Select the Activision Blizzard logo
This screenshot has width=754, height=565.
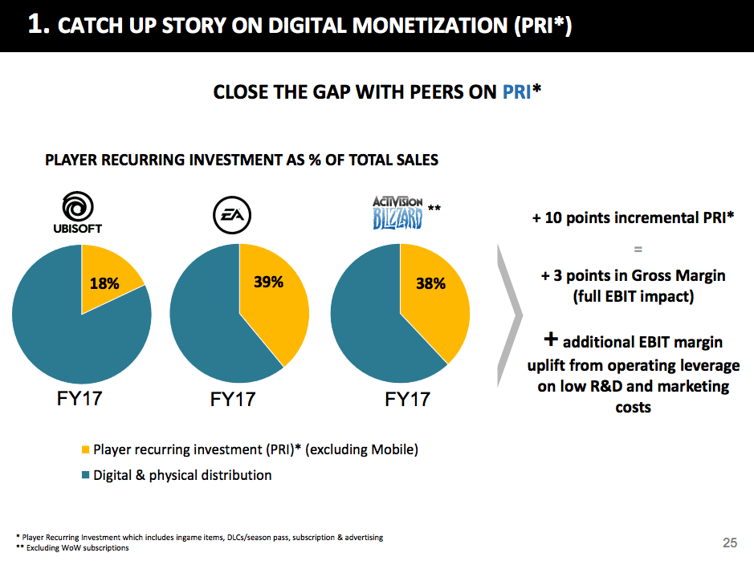pos(397,213)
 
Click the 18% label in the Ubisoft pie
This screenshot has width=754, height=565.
pos(104,282)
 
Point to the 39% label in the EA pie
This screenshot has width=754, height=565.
pos(267,282)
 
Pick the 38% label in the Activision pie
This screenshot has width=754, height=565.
pos(430,283)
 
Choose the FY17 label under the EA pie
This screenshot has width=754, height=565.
pos(233,399)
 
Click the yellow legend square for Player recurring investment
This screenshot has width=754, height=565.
pos(86,450)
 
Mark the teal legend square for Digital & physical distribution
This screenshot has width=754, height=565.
pos(86,476)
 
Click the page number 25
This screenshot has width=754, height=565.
pos(729,543)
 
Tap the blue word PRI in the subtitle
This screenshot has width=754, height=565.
pos(517,92)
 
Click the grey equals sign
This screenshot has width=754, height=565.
pos(633,249)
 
